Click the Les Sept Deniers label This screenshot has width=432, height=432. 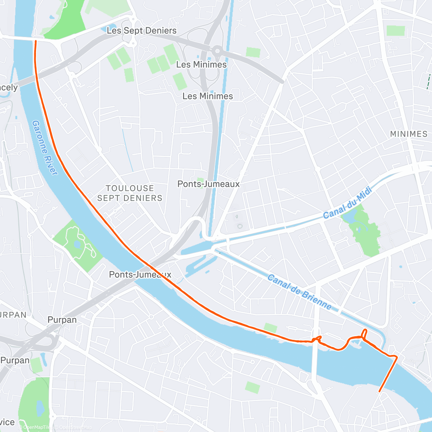pos(141,31)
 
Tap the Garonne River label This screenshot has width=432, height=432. pos(45,148)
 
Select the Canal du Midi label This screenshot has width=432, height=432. pos(347,204)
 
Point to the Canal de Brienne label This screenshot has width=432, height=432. pos(300,292)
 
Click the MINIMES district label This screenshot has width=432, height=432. pos(409,134)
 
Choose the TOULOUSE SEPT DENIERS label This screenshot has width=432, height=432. pos(130,193)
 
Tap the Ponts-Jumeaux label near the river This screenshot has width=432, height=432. pos(140,274)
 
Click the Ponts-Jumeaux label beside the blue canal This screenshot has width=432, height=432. pos(208,184)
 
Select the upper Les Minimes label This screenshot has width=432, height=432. pos(201,64)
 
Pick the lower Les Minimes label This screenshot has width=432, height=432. pos(208,96)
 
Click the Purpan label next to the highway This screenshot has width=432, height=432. pos(62,320)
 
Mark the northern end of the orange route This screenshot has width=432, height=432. pos(35,41)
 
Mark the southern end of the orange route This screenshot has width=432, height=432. pos(379,391)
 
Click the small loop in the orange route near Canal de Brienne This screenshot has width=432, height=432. pos(364,334)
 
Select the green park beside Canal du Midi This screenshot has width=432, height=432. pos(364,230)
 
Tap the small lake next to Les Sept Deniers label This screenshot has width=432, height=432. pos(104,29)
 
